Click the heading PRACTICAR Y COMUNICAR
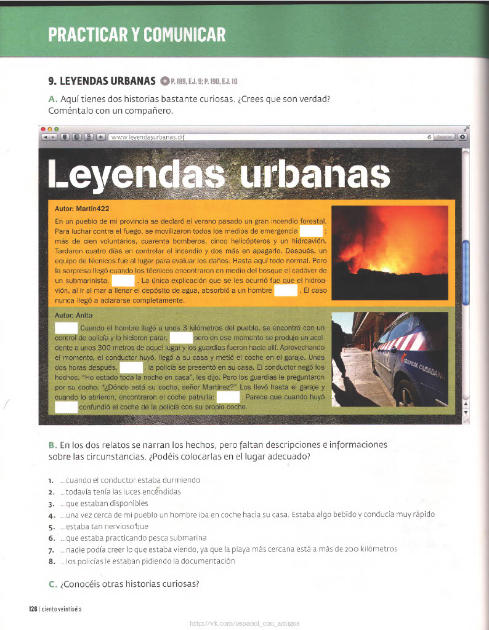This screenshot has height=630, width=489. click(x=137, y=34)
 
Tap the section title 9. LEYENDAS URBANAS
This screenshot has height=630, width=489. click(x=102, y=81)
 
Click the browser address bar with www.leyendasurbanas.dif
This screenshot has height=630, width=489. click(x=265, y=137)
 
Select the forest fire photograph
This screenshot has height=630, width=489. click(x=390, y=253)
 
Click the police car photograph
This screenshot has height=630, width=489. click(x=390, y=359)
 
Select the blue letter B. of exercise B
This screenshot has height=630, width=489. click(x=52, y=445)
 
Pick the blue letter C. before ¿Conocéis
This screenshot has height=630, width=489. click(x=52, y=584)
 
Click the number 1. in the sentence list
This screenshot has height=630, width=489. click(x=51, y=480)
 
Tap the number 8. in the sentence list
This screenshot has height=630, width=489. click(x=51, y=561)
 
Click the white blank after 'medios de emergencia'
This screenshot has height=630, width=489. click(x=311, y=231)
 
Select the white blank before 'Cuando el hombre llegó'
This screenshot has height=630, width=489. click(x=66, y=328)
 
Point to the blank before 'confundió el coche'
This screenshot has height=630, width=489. click(x=66, y=407)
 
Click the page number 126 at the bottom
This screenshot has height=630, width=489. click(x=33, y=609)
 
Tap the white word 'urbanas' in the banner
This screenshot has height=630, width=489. click(x=314, y=177)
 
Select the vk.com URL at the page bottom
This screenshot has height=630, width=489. click(x=244, y=623)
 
